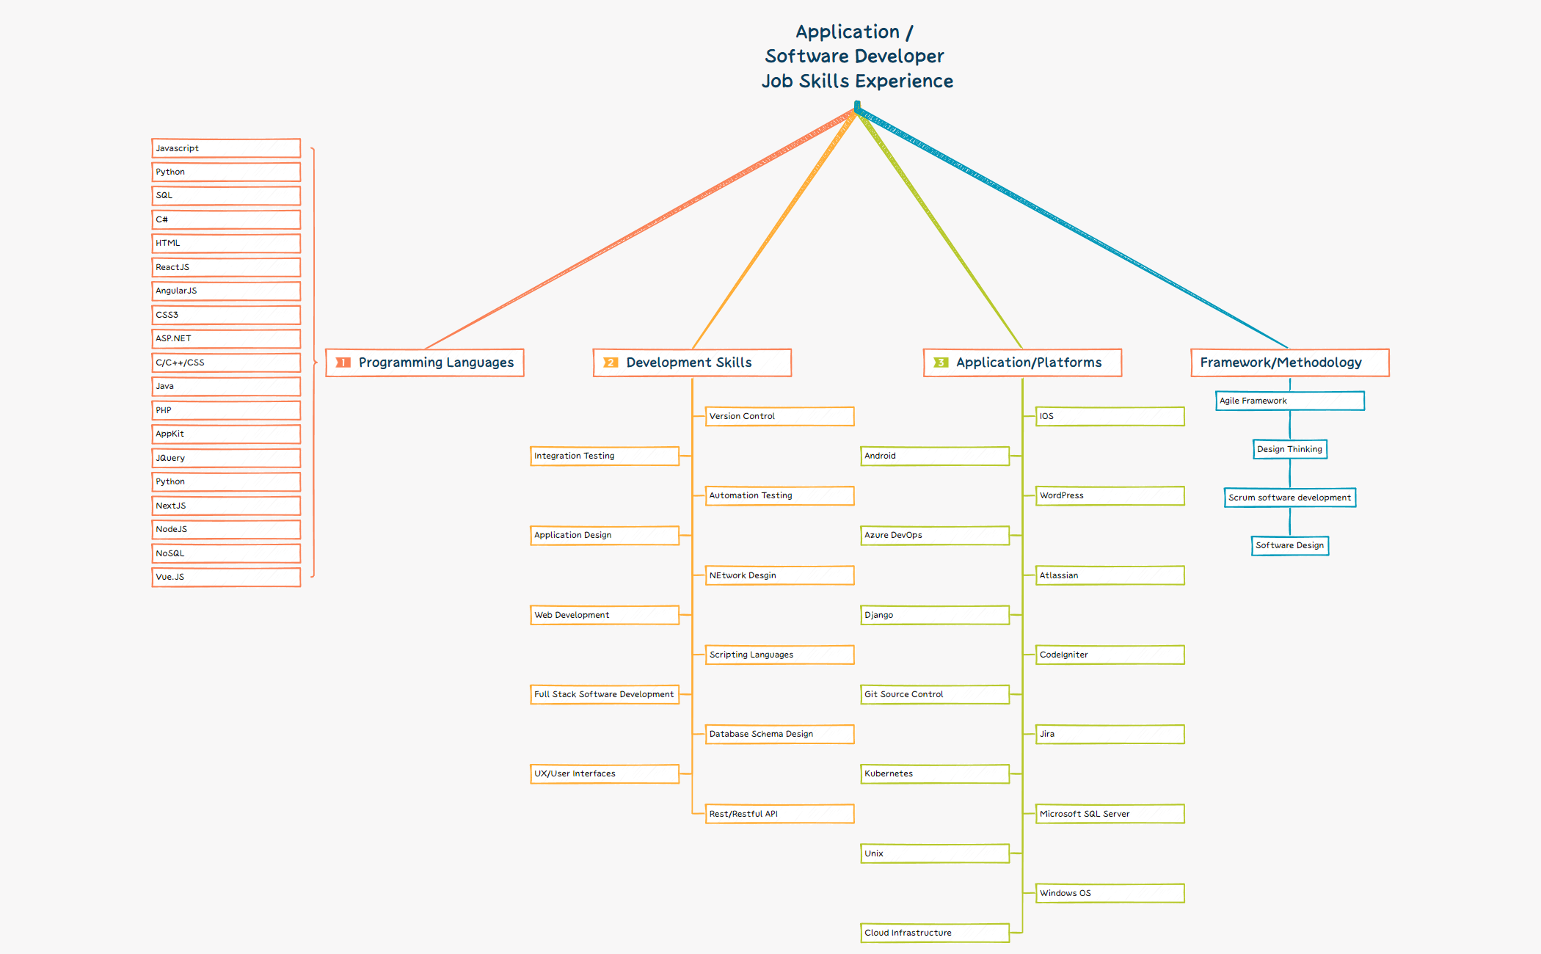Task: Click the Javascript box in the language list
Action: tap(226, 148)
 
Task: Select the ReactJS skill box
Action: tap(226, 267)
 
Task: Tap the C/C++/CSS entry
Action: tap(226, 363)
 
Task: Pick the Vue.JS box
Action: tap(226, 577)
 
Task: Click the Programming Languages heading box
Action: tap(425, 363)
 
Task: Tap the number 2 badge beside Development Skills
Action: tap(611, 363)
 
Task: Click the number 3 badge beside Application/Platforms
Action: tap(941, 363)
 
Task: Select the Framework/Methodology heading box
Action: tap(1289, 363)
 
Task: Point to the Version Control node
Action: tap(779, 416)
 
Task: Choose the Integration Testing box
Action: tap(605, 456)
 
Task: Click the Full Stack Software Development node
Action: tap(605, 694)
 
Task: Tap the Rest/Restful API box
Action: tap(779, 814)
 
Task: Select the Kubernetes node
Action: tap(935, 773)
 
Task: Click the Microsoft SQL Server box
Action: tap(1110, 814)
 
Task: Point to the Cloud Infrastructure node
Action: tap(935, 933)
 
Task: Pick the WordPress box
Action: tap(1110, 495)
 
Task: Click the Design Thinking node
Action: tap(1289, 449)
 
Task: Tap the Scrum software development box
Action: tap(1289, 498)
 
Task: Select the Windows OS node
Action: tap(1110, 893)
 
